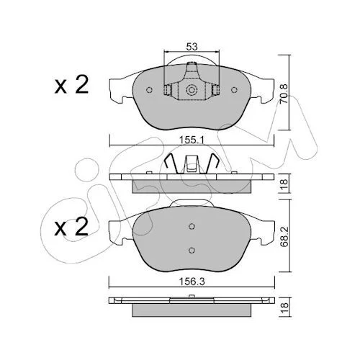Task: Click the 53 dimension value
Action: (x=192, y=47)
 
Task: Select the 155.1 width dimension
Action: (x=192, y=140)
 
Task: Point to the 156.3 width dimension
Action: (x=192, y=282)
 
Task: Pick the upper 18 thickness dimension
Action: (x=284, y=184)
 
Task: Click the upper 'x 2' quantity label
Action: (x=71, y=85)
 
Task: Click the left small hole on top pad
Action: (x=149, y=90)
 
